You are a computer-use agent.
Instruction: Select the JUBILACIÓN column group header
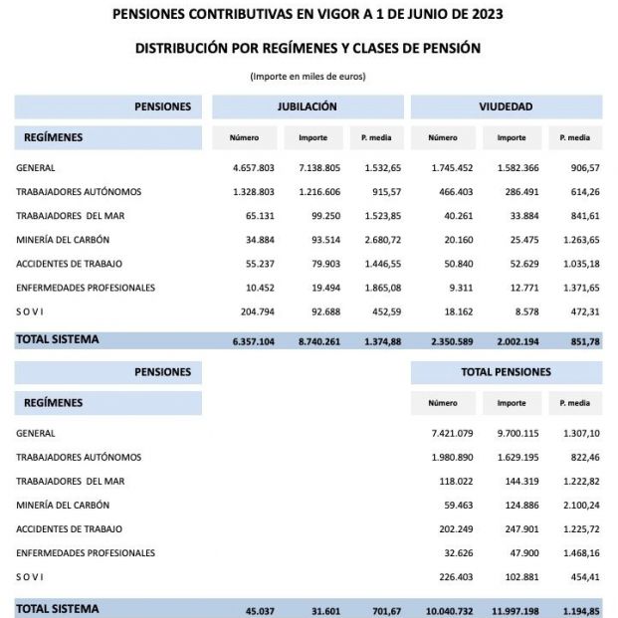[x=307, y=106]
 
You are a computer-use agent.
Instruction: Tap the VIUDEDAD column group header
[x=506, y=106]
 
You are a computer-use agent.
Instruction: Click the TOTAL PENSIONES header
[x=506, y=372]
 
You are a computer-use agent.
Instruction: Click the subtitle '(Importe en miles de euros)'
[x=308, y=76]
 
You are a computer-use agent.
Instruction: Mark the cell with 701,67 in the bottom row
[x=380, y=608]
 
